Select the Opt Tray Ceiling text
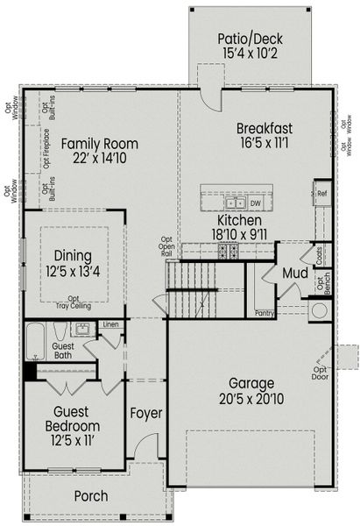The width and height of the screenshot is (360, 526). coord(73,302)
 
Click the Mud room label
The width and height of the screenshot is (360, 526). coord(293,274)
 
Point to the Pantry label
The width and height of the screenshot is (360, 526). coord(265,312)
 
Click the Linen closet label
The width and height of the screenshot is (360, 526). coord(110,325)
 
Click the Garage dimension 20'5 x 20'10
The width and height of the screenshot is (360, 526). coord(251,399)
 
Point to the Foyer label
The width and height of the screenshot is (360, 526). coord(145,413)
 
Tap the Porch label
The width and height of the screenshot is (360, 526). coord(90,496)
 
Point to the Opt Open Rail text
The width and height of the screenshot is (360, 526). coord(167,248)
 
